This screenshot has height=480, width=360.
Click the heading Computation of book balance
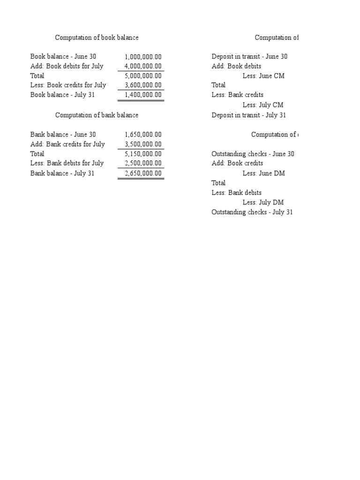tap(97, 37)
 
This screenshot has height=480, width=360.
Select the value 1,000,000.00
tap(143, 57)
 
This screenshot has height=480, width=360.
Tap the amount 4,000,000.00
tap(143, 67)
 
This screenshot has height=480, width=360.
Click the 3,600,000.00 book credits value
tap(143, 85)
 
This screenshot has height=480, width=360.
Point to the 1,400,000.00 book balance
tap(143, 95)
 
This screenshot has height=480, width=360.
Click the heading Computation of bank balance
tap(97, 115)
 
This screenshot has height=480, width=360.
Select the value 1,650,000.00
tap(143, 135)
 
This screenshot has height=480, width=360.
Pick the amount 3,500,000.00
tap(143, 144)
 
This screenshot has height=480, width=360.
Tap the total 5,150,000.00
tap(143, 154)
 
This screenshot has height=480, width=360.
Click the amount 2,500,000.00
tap(143, 163)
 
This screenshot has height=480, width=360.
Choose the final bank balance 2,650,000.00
tap(143, 173)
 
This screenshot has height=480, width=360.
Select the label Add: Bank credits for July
tap(67, 144)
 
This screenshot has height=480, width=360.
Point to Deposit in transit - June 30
tap(249, 57)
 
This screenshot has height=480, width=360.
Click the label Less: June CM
tap(263, 76)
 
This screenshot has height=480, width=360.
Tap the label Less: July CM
tap(263, 105)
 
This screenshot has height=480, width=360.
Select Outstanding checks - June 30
tap(253, 154)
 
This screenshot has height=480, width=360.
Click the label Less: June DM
tap(264, 173)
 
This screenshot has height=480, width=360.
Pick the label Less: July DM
tap(263, 202)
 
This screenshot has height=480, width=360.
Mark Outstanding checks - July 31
tap(252, 212)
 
